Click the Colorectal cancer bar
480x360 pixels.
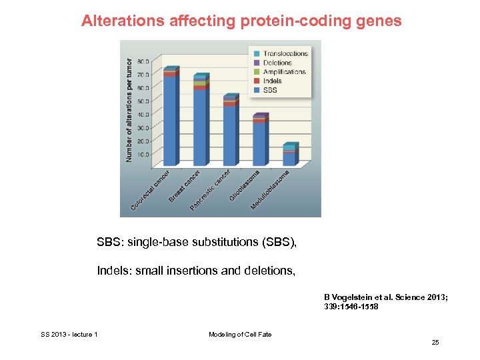coord(171,117)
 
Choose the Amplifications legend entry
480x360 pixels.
coord(284,72)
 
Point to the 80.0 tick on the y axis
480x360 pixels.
coord(143,61)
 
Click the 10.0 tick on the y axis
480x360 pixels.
coord(143,155)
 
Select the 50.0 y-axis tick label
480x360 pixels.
coord(143,101)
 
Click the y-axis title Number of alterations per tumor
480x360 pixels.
coord(129,109)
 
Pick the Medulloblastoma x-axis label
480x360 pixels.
coord(270,191)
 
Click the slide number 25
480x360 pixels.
coord(435,343)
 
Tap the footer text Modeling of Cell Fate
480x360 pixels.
coord(240,334)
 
